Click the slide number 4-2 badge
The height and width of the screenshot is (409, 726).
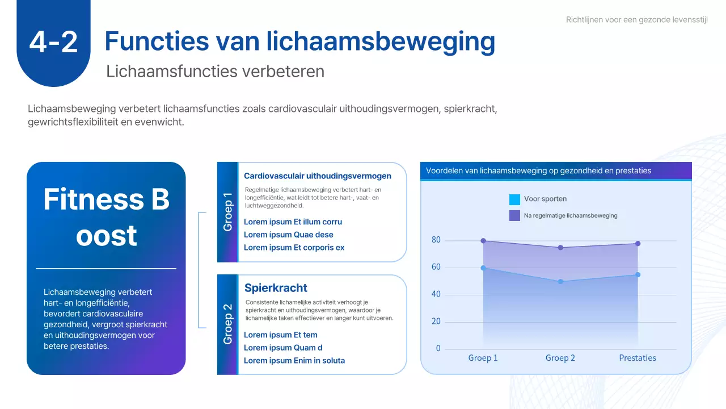pyautogui.click(x=53, y=43)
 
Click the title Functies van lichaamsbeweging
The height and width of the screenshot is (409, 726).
pyautogui.click(x=299, y=41)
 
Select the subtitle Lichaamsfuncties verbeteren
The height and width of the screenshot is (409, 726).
pyautogui.click(x=215, y=72)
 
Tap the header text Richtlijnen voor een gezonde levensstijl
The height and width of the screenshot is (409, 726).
pyautogui.click(x=637, y=20)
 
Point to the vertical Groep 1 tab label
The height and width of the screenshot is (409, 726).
pyautogui.click(x=227, y=212)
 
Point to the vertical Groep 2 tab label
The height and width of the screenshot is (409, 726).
pyautogui.click(x=227, y=324)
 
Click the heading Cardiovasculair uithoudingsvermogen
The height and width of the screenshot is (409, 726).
pyautogui.click(x=317, y=176)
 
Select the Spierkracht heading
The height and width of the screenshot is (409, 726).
pyautogui.click(x=276, y=288)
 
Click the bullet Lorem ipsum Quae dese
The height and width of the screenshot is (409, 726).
pyautogui.click(x=288, y=235)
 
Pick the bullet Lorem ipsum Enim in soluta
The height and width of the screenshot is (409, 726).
pyautogui.click(x=294, y=360)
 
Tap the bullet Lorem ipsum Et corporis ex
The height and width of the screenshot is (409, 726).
pyautogui.click(x=294, y=247)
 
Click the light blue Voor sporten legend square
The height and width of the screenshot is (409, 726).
pyautogui.click(x=514, y=199)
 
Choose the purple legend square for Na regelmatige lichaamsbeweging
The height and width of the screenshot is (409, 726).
pyautogui.click(x=514, y=215)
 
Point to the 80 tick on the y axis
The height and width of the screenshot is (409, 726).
pyautogui.click(x=436, y=240)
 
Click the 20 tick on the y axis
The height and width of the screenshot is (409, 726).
pyautogui.click(x=436, y=322)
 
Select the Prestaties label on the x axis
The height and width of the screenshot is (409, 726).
pyautogui.click(x=638, y=358)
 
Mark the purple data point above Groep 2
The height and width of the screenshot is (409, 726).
pyautogui.click(x=560, y=248)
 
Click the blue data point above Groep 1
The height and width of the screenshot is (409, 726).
pyautogui.click(x=483, y=268)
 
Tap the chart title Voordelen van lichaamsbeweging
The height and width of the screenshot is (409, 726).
pyautogui.click(x=538, y=170)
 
